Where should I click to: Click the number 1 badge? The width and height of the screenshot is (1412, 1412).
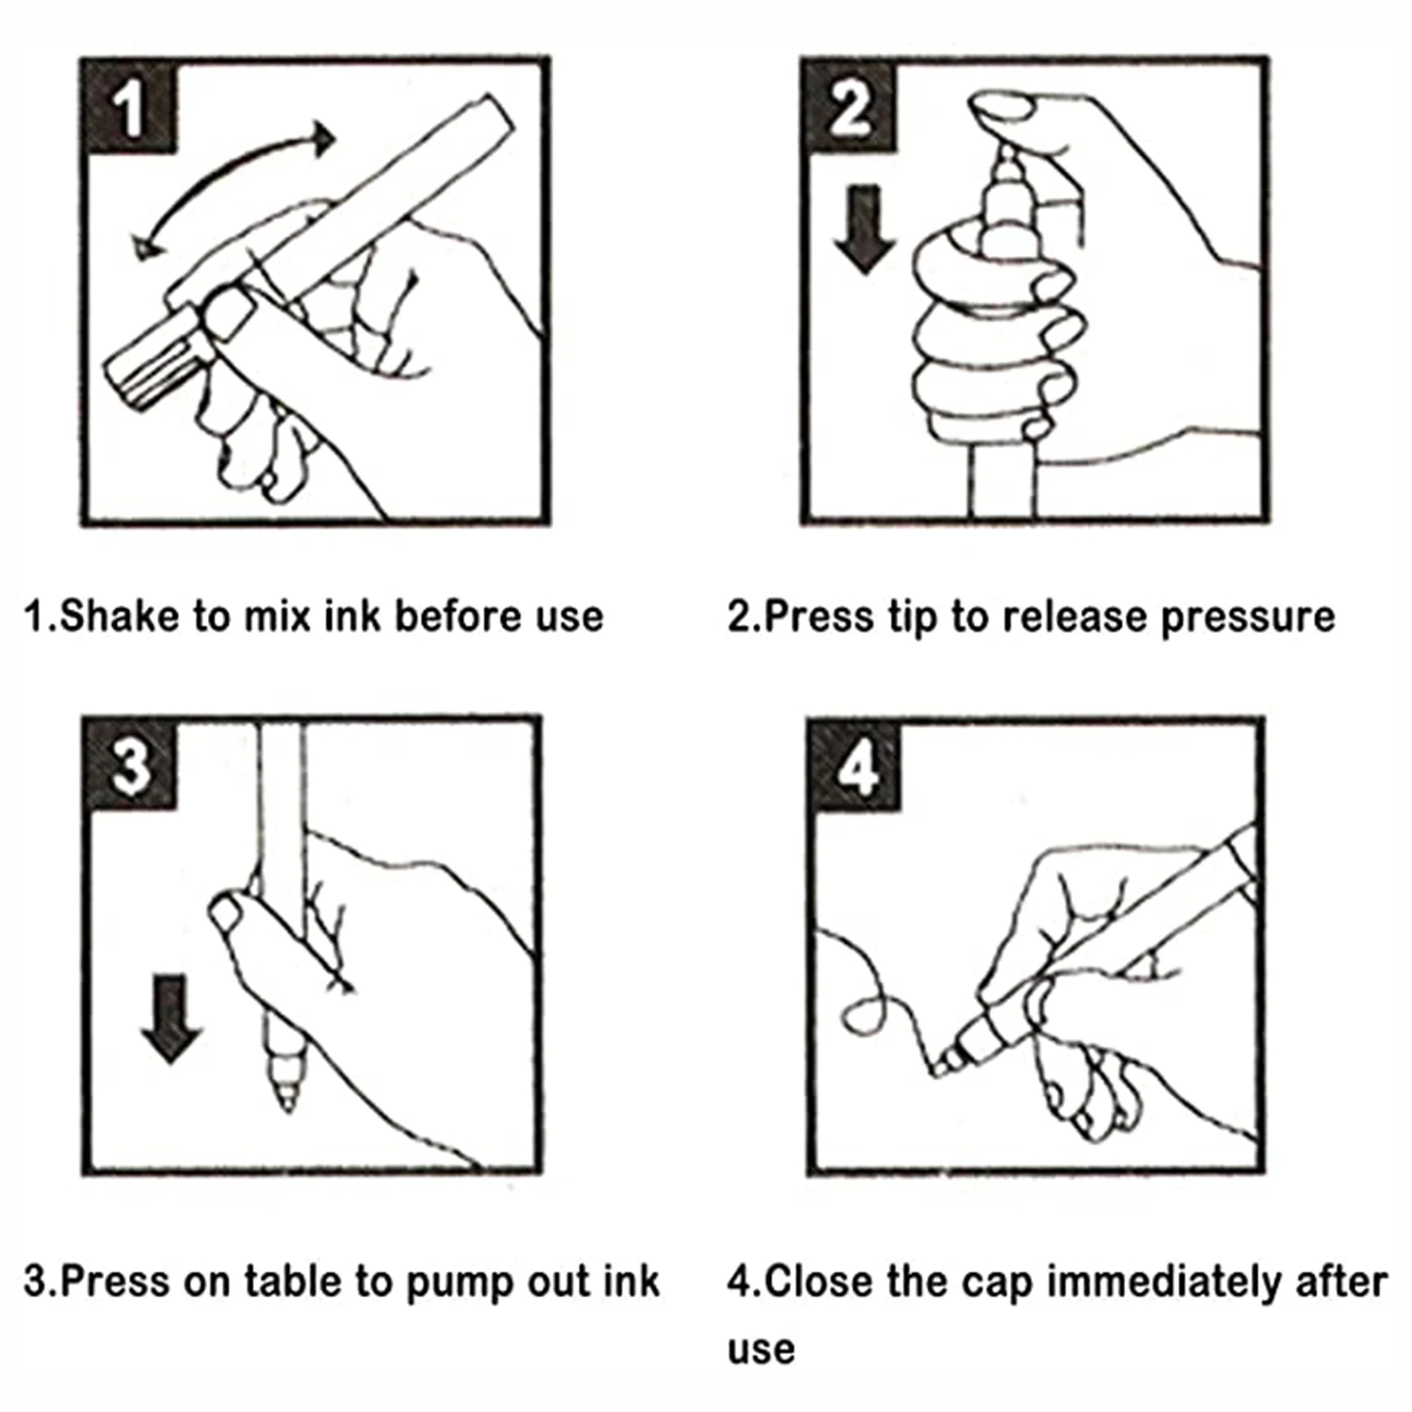129,106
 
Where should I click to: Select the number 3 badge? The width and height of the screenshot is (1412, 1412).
131,764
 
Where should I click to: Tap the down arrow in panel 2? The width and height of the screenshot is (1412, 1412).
864,229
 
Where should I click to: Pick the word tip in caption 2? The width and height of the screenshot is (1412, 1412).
913,618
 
